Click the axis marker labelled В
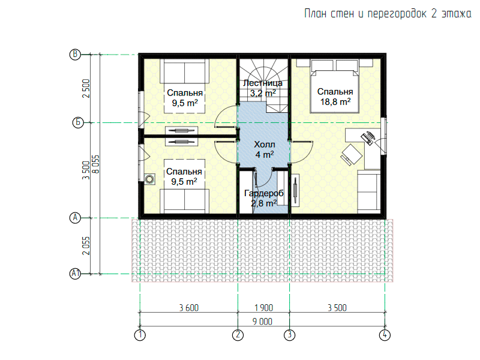(75, 55)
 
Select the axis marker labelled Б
(78, 123)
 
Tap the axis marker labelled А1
(76, 274)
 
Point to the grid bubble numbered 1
(140, 335)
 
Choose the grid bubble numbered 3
(290, 335)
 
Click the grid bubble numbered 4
(385, 335)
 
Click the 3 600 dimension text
(189, 308)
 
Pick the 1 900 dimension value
(263, 308)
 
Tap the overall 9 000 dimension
(262, 322)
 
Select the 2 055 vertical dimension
(86, 245)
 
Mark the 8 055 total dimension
(96, 164)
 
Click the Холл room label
(265, 145)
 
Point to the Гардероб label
(263, 193)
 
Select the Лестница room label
(263, 83)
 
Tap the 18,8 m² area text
(335, 101)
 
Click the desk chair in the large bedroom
(351, 154)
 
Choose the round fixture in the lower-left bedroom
(149, 179)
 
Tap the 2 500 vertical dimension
(86, 88)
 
